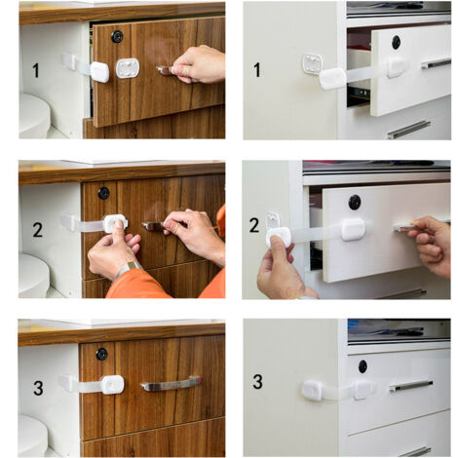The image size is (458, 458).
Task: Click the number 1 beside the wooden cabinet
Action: click(x=36, y=70)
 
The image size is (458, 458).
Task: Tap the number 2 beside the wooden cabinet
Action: click(x=37, y=230)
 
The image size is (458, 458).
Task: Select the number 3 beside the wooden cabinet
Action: click(x=38, y=388)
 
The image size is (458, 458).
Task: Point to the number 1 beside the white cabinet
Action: click(x=257, y=70)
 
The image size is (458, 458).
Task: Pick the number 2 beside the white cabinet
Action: click(x=254, y=225)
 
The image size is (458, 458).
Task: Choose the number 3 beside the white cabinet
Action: click(x=257, y=381)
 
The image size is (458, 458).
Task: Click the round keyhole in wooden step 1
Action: click(x=117, y=36)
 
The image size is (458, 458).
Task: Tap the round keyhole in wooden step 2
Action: click(x=103, y=193)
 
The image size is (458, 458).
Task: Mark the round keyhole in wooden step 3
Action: click(x=101, y=354)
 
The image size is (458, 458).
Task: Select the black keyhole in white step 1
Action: click(x=396, y=42)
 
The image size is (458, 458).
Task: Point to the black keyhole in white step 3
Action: click(x=363, y=366)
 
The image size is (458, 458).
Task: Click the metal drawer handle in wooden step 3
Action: click(x=171, y=385)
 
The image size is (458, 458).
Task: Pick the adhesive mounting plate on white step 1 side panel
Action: click(x=312, y=63)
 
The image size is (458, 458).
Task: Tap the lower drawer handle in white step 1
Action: click(x=409, y=130)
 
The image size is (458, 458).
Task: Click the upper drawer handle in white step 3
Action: click(x=411, y=385)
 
